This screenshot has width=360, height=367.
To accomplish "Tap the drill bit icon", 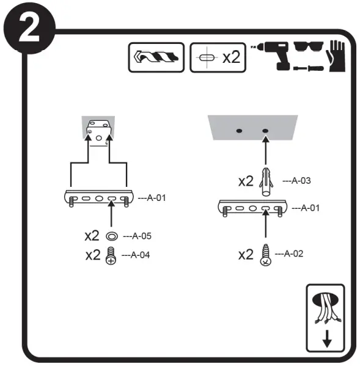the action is coord(156,57).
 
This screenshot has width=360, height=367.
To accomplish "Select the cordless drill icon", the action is coord(272,56).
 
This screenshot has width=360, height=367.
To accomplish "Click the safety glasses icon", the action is coord(309,46).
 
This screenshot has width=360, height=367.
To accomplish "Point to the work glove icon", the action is coord(336,56).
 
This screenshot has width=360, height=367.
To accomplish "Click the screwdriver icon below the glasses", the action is coord(309,68).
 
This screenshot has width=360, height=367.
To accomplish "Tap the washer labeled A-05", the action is coord(112,236).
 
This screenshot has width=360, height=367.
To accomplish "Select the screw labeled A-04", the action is coord(111,256).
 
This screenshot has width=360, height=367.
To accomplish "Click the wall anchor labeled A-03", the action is coord(266,181).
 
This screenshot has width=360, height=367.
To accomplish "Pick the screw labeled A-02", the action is coord(266,255).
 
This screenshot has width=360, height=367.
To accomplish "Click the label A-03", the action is coord(297,181).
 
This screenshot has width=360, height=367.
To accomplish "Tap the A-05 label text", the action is coord(138,236).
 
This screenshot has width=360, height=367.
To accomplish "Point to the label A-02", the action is coord(289,253).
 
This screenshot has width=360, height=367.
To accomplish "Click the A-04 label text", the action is coord(136,255).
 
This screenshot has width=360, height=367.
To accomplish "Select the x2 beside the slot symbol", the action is coord(232,57).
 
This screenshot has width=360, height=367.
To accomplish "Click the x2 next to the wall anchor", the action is coord(246,181).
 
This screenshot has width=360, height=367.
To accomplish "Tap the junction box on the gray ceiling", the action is coord(98,133).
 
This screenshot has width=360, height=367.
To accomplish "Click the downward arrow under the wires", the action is coord(327,339).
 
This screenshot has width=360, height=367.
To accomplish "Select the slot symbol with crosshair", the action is coord(207,57).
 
